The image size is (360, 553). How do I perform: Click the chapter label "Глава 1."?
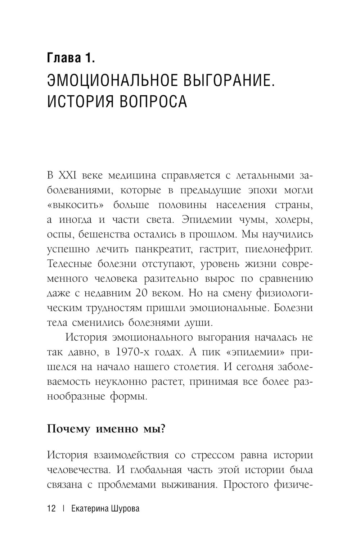click(71, 58)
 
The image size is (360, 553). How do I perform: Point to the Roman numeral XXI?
click(66, 176)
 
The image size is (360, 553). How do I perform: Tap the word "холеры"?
click(294, 220)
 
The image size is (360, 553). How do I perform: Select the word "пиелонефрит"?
click(278, 249)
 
